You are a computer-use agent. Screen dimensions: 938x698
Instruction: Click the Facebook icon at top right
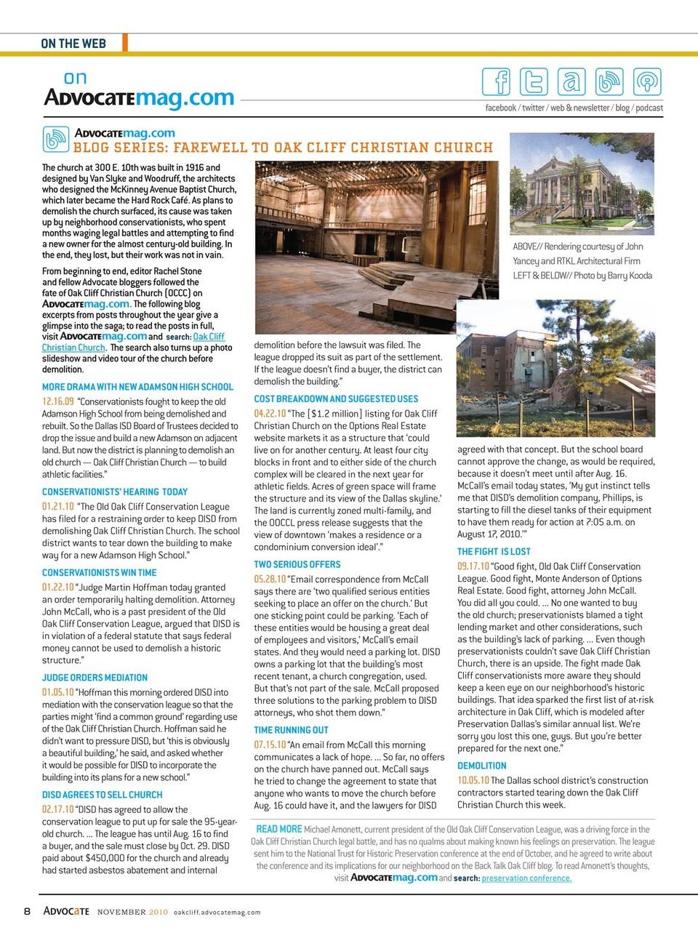coord(497,81)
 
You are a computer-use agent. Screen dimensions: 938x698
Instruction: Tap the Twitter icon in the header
coord(534,81)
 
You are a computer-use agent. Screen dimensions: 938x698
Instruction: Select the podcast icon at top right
coord(646,81)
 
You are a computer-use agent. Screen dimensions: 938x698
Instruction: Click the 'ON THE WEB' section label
coord(73,44)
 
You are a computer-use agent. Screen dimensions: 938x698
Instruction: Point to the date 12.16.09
coord(57,401)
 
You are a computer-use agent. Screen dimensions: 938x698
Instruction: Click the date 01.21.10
coord(57,506)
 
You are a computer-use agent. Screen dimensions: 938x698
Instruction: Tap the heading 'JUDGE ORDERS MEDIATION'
coord(95,677)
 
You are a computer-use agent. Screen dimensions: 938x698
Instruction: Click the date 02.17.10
coord(57,809)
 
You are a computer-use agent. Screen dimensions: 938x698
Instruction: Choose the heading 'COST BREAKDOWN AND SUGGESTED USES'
coord(336,398)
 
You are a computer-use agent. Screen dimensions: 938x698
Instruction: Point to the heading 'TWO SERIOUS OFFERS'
coord(297,564)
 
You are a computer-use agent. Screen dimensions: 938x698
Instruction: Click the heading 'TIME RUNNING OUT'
coord(291,730)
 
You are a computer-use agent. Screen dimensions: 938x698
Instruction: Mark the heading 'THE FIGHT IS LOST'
coord(494,551)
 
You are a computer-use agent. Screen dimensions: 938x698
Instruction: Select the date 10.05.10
coord(473,780)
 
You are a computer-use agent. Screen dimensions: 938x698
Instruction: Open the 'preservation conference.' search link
coord(526,878)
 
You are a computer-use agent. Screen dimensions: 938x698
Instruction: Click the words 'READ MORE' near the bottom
coord(279,829)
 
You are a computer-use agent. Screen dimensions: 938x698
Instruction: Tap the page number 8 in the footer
coord(27,911)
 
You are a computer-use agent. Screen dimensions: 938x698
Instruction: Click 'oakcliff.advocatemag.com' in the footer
coord(217,912)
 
